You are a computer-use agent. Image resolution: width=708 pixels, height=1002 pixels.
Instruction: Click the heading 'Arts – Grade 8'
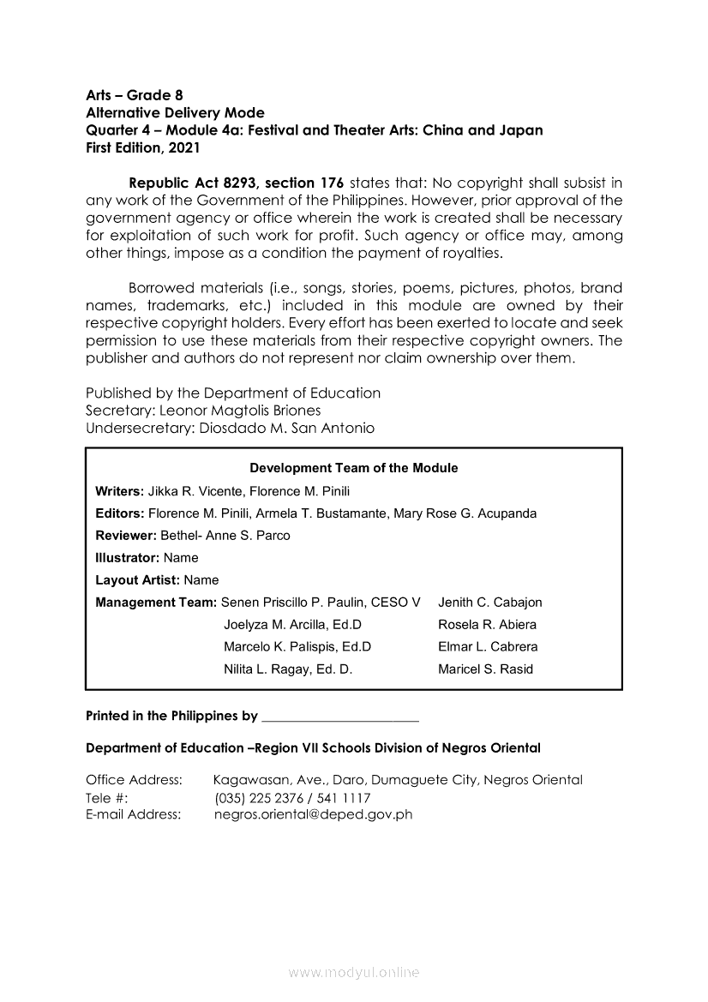(135, 95)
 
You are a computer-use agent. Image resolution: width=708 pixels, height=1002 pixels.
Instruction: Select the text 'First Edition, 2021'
(143, 147)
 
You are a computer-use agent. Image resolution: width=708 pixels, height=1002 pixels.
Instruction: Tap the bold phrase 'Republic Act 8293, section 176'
(236, 183)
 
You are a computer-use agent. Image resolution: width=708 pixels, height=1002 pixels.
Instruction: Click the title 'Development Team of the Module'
(353, 468)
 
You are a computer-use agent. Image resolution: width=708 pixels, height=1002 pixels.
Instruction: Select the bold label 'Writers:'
(120, 491)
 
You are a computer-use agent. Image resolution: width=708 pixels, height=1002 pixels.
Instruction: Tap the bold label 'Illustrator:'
(128, 558)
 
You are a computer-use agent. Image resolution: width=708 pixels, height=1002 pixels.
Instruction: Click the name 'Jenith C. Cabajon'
(489, 603)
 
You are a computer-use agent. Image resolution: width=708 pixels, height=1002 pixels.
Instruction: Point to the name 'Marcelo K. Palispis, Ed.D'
(297, 647)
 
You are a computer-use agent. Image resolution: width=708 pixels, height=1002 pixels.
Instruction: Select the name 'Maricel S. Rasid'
(485, 669)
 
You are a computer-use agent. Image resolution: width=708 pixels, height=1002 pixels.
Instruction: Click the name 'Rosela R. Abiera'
(487, 625)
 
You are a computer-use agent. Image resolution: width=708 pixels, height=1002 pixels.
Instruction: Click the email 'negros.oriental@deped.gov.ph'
(313, 814)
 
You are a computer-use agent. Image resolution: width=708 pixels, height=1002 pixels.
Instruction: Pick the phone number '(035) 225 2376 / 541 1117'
(292, 797)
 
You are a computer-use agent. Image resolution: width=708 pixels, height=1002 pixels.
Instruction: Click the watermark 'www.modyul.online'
(354, 973)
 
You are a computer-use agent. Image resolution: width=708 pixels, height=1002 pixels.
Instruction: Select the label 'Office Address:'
(135, 780)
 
